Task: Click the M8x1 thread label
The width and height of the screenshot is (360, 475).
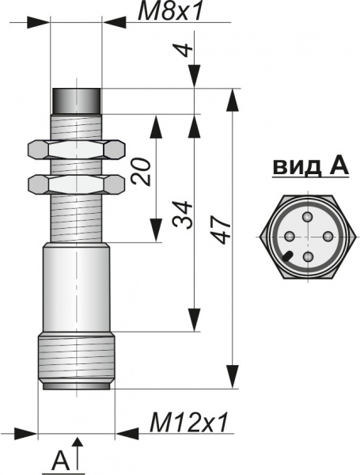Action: tap(169, 12)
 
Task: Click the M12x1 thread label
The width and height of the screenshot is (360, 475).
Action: tap(188, 422)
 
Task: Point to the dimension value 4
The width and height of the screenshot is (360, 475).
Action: tap(184, 50)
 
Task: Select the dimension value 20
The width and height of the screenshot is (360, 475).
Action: tap(141, 171)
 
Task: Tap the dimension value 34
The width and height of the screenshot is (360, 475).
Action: tap(182, 215)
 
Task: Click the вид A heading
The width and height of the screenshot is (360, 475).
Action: tap(311, 166)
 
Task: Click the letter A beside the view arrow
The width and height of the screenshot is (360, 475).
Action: tap(61, 461)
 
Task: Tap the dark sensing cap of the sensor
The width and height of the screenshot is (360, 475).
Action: tap(76, 101)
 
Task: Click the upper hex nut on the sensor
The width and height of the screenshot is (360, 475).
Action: tap(76, 150)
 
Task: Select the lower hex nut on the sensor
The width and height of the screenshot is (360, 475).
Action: tap(76, 184)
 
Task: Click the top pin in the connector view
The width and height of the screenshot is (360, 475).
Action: tap(308, 217)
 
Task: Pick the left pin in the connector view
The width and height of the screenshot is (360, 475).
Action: tap(290, 236)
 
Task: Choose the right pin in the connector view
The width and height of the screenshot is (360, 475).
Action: tap(328, 236)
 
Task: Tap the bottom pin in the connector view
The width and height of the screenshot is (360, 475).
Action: tap(309, 256)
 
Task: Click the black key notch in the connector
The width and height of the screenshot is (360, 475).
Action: tap(287, 256)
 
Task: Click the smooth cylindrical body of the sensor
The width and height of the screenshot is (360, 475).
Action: tap(76, 287)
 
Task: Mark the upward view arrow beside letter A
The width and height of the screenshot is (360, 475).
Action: tap(78, 454)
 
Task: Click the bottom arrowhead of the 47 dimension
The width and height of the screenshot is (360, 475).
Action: tap(233, 376)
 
